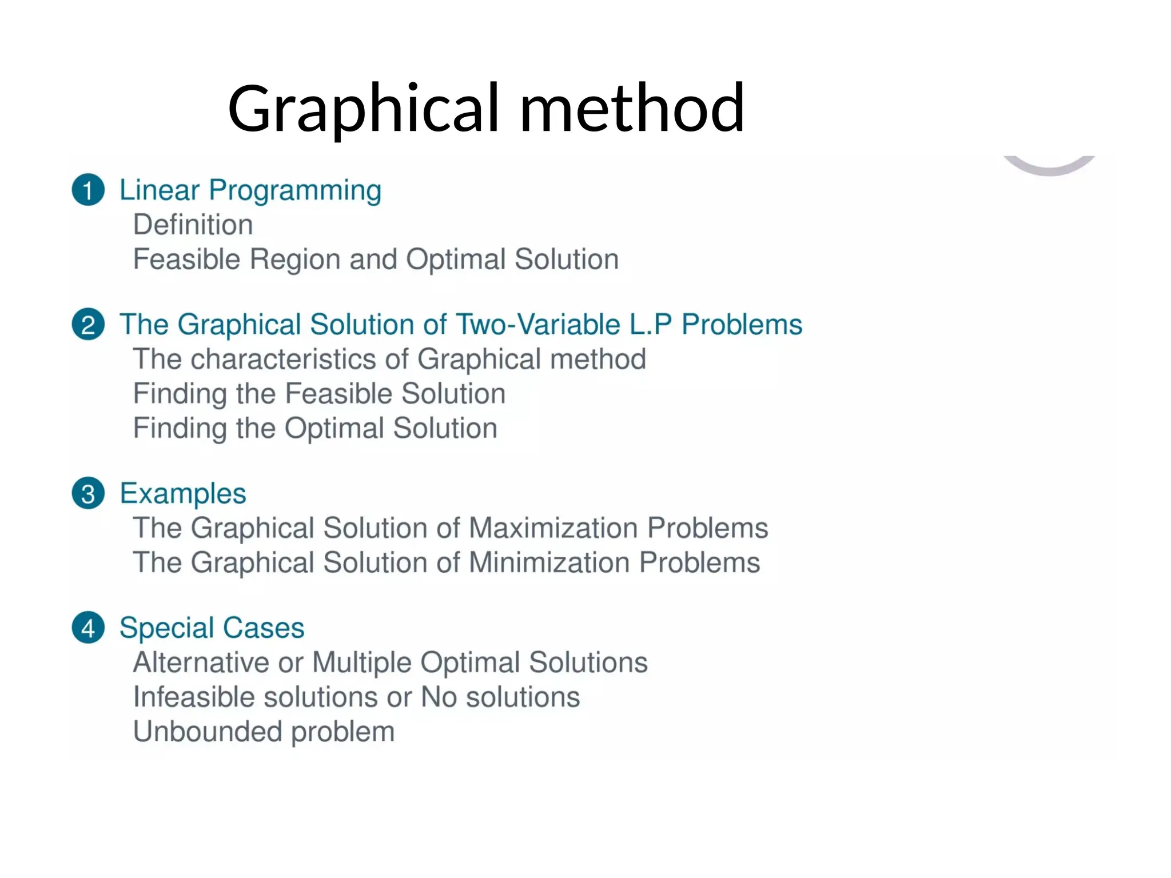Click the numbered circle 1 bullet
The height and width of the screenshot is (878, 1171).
(x=88, y=190)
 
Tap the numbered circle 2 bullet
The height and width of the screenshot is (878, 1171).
(x=88, y=325)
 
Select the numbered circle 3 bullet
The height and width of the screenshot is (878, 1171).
(x=88, y=493)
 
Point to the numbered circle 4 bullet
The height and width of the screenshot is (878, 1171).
(x=88, y=628)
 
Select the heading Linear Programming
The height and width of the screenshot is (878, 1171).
(x=250, y=190)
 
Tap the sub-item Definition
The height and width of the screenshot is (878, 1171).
(x=193, y=225)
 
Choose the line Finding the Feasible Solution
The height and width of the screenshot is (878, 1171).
(x=319, y=394)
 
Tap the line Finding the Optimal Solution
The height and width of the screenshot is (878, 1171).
(x=315, y=428)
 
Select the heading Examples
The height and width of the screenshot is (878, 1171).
(x=182, y=494)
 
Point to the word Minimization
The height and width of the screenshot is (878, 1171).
(x=549, y=562)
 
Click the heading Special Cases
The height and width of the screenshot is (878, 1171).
(x=212, y=628)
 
